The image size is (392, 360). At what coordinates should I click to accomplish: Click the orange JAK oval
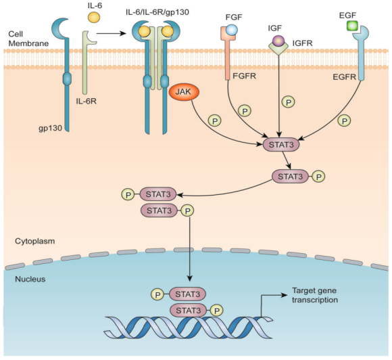pyautogui.click(x=184, y=92)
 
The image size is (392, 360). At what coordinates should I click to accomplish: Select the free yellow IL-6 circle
pyautogui.click(x=94, y=18)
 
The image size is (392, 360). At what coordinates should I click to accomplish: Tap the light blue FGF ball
pyautogui.click(x=232, y=30)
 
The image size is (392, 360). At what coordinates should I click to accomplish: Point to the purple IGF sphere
pyautogui.click(x=278, y=41)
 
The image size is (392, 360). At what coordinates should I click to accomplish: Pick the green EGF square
pyautogui.click(x=352, y=26)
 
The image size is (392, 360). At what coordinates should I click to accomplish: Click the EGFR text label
pyautogui.click(x=344, y=77)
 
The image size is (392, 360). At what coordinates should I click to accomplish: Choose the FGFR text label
pyautogui.click(x=244, y=76)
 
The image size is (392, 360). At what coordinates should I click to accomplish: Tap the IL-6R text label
pyautogui.click(x=87, y=101)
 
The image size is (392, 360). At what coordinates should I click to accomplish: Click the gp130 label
pyautogui.click(x=50, y=128)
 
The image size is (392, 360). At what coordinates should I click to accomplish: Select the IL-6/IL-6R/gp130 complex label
pyautogui.click(x=157, y=12)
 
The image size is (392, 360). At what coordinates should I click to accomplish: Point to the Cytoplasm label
pyautogui.click(x=34, y=241)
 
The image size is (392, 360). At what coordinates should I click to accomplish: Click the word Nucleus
pyautogui.click(x=30, y=279)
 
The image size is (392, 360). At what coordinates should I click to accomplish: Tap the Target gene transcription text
pyautogui.click(x=315, y=295)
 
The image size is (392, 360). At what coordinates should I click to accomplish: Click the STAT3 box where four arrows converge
pyautogui.click(x=281, y=144)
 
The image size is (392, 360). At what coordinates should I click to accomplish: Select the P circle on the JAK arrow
pyautogui.click(x=215, y=121)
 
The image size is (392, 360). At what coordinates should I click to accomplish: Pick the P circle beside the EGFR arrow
pyautogui.click(x=344, y=121)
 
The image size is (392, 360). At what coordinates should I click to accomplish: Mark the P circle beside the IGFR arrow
pyautogui.click(x=289, y=102)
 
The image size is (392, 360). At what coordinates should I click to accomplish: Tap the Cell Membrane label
pyautogui.click(x=28, y=39)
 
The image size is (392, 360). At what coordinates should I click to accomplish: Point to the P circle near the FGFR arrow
pyautogui.click(x=245, y=111)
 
